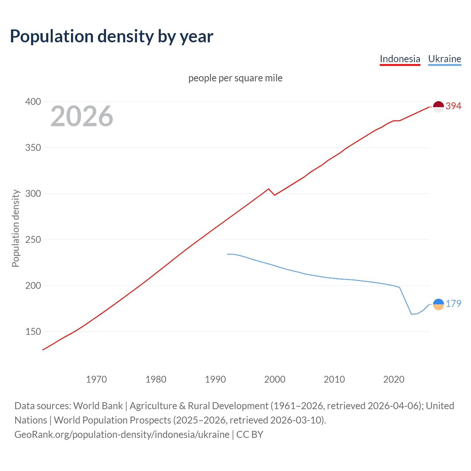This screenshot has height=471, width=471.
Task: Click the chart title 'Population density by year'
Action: click(x=111, y=36)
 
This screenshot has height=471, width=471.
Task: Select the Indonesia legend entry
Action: click(x=400, y=59)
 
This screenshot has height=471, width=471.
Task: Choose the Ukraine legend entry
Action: click(x=445, y=59)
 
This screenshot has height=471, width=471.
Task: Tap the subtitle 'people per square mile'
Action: click(x=235, y=78)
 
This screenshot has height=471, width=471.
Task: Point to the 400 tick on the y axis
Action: click(x=33, y=102)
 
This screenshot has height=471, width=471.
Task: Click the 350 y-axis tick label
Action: click(x=33, y=148)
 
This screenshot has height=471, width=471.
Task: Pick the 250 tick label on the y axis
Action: click(x=33, y=240)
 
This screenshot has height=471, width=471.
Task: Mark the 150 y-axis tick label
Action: click(x=33, y=332)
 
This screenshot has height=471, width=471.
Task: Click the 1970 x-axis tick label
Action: click(x=96, y=379)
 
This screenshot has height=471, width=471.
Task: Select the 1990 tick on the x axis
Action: click(x=215, y=379)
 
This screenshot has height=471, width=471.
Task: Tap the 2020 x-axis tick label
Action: click(x=394, y=379)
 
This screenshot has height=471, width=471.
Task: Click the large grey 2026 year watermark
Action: click(x=82, y=116)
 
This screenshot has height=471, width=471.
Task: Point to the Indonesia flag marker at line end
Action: click(x=438, y=107)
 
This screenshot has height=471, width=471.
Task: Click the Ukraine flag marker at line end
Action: click(x=438, y=304)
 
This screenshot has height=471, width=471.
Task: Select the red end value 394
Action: click(x=453, y=106)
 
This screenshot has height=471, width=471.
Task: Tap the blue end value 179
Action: click(x=453, y=304)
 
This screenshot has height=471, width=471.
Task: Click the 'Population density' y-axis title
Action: click(x=15, y=228)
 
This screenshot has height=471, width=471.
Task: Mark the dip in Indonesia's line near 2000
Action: click(x=275, y=195)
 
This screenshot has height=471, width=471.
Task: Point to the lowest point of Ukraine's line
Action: click(x=411, y=314)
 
